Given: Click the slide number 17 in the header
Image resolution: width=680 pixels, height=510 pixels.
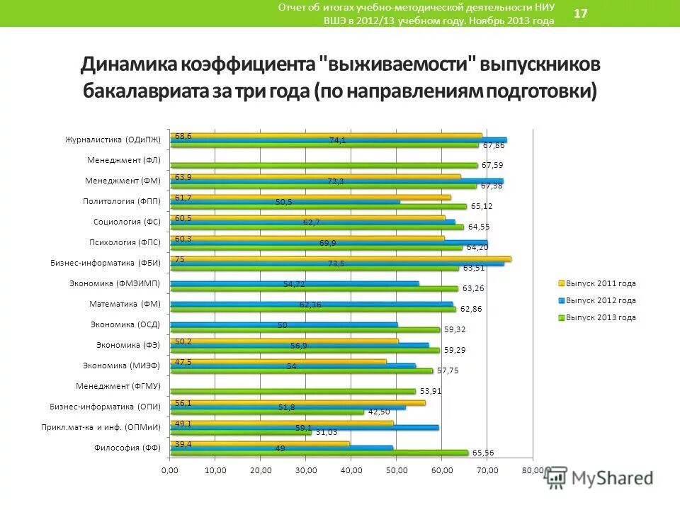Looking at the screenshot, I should point(579,14).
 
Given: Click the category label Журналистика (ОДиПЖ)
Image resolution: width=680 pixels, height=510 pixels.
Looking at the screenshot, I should point(113,140).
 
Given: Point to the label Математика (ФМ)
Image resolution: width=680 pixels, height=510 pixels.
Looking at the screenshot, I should point(125,304).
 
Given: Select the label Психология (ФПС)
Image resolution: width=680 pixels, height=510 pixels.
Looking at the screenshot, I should point(126,242).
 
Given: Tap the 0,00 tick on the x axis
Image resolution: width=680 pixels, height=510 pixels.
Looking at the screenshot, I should point(170,470).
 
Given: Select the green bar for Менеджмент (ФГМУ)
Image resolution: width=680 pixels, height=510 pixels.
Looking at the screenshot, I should point(292,391).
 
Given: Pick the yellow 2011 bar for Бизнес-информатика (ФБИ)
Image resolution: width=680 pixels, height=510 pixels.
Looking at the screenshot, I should point(340,259).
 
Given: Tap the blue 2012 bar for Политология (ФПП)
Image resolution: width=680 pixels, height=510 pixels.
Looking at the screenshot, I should point(285,202).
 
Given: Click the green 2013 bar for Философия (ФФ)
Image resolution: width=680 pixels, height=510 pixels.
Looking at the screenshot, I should point(319,453).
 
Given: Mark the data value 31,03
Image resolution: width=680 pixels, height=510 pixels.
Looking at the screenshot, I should point(327,432).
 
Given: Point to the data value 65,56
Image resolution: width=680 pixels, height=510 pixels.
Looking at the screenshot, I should point(485,453).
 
